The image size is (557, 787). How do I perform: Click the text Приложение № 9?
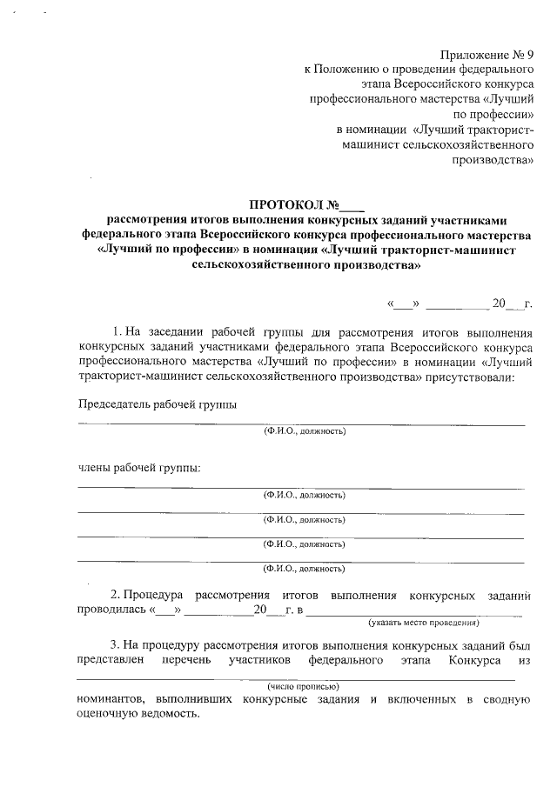pos(484,55)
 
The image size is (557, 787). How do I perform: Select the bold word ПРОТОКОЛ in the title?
pos(286,205)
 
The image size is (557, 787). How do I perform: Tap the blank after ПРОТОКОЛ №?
pos(353,207)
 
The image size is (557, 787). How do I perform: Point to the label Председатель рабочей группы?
pos(157,404)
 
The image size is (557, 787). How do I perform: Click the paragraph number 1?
pos(118,331)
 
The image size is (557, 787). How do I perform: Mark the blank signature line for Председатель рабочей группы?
pos(301,424)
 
